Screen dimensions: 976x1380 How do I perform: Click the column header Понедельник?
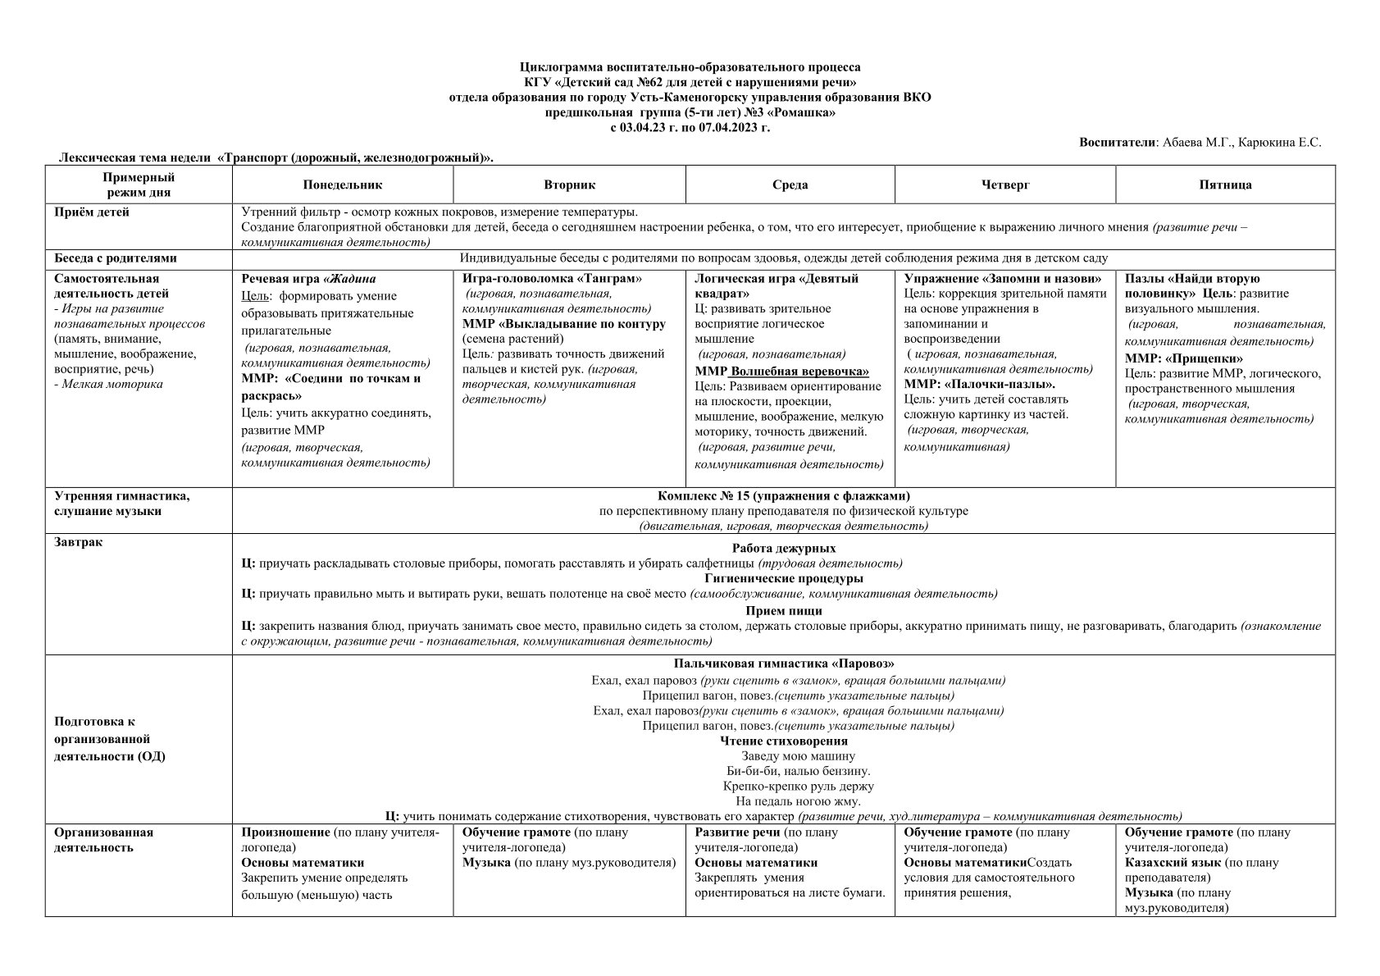(x=342, y=185)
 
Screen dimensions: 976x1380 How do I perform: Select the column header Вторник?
(x=569, y=185)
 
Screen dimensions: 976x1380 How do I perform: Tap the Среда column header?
(x=790, y=185)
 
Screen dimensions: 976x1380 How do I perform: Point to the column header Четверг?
(x=1004, y=185)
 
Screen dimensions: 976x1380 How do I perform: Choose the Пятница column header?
(x=1225, y=185)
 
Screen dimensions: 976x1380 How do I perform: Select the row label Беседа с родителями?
(x=116, y=258)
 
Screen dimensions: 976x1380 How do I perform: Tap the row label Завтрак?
(x=79, y=542)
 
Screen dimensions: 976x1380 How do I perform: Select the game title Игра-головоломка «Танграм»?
(x=552, y=279)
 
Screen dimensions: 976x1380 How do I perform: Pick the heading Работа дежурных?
(x=783, y=548)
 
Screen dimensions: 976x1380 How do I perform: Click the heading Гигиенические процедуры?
(x=783, y=578)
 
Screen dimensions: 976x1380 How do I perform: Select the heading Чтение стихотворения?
(x=783, y=741)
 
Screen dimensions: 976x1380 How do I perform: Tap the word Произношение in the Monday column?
(x=285, y=832)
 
